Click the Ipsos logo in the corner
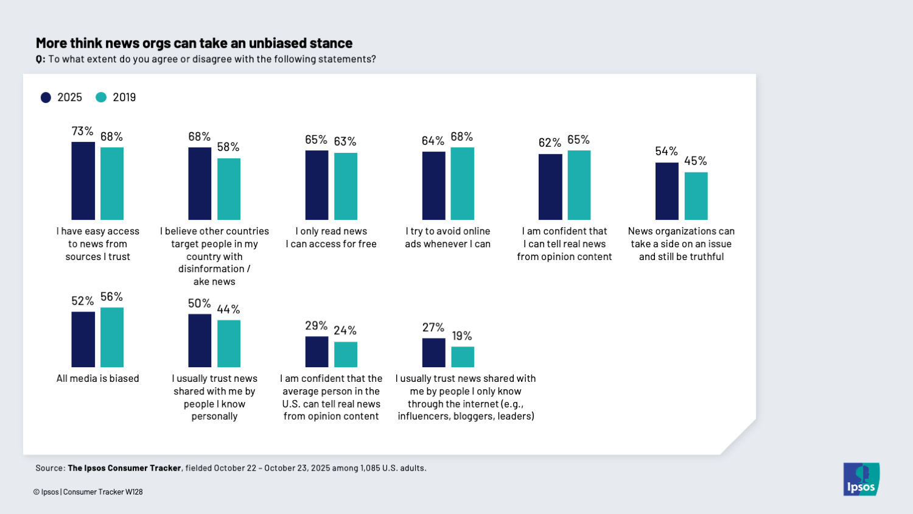click(861, 479)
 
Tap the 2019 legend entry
click(116, 97)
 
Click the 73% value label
click(83, 131)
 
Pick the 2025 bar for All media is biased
click(83, 339)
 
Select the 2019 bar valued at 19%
click(463, 357)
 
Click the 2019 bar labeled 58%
click(229, 189)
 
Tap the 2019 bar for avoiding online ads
click(463, 183)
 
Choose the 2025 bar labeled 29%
click(317, 351)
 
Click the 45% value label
click(696, 161)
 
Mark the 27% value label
click(433, 328)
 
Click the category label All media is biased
click(98, 378)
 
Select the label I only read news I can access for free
click(331, 238)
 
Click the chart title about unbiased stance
click(194, 43)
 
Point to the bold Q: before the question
click(40, 59)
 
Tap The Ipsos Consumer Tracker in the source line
click(124, 468)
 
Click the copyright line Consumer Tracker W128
click(103, 492)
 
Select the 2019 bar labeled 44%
click(229, 343)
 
